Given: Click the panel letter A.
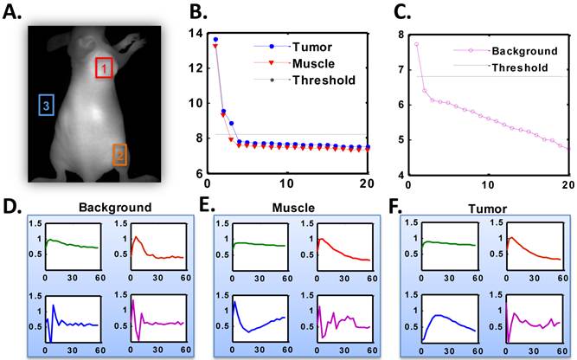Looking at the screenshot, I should (x=13, y=12).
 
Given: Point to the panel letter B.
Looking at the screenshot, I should (x=197, y=12).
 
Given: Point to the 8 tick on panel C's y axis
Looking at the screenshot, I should (x=399, y=34).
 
